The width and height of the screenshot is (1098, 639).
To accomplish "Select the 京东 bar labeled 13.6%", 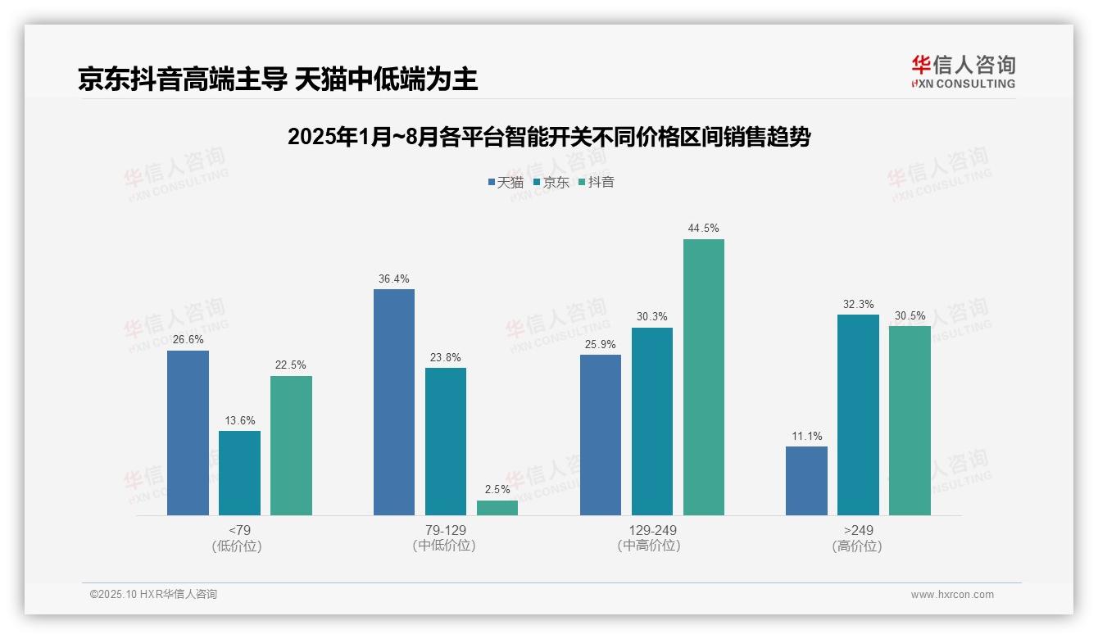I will point(239,473).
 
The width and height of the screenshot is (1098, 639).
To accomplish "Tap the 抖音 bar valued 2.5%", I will point(497,508).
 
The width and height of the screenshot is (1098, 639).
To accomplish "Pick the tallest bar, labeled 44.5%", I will point(704,377).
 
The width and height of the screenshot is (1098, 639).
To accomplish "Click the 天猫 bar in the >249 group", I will point(806,481).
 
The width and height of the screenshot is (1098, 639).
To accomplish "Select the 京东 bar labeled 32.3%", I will point(858,415).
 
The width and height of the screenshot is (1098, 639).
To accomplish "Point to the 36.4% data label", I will point(394,279).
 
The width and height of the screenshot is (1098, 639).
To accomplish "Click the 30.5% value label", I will point(910,316).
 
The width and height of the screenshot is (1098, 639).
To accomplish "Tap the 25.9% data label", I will point(601,345).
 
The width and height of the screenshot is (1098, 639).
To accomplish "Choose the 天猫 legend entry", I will point(506,182).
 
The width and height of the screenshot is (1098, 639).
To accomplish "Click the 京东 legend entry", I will point(551,182).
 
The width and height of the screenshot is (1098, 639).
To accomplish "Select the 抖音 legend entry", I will point(597,182).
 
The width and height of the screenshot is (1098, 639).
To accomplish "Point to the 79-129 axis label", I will point(445,530).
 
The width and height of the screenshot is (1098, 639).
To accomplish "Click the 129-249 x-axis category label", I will point(651,530).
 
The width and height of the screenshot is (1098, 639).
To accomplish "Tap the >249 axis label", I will point(858,530).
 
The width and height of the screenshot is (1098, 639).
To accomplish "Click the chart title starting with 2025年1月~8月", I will point(548,137).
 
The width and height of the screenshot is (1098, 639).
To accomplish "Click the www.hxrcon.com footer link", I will point(952,595).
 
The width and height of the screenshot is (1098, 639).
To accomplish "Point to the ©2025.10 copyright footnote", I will point(153,595).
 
